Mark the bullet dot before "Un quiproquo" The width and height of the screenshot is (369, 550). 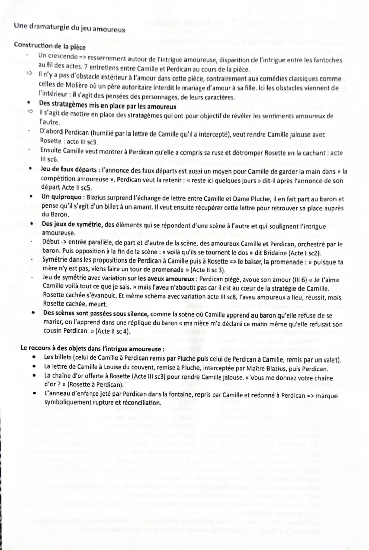[31, 197]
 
